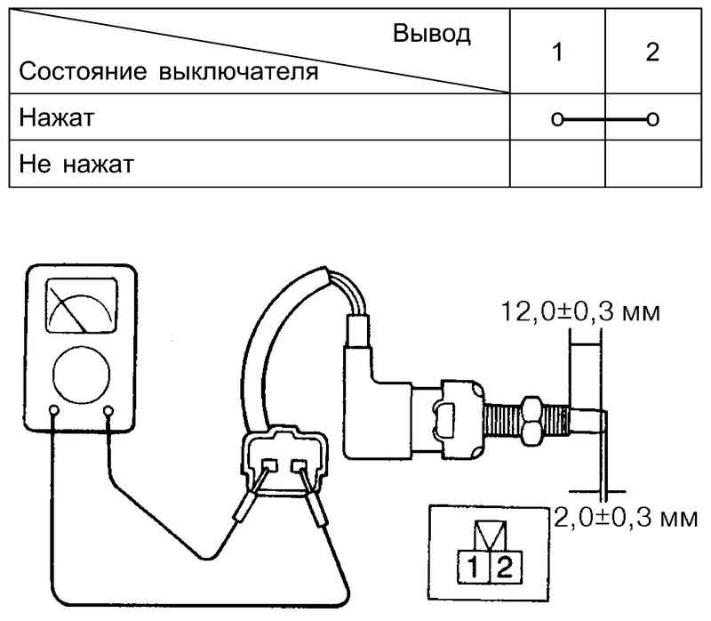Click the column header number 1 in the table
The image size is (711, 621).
coord(556,52)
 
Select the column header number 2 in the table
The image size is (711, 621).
coord(652,52)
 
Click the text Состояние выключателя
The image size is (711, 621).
coord(169,70)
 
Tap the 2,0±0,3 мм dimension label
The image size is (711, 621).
coord(622,517)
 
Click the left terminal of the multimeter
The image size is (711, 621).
coord(55,412)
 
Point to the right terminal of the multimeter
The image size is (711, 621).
coord(109,412)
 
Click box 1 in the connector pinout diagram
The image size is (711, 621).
coord(468,565)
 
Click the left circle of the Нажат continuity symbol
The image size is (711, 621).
coord(556,117)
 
